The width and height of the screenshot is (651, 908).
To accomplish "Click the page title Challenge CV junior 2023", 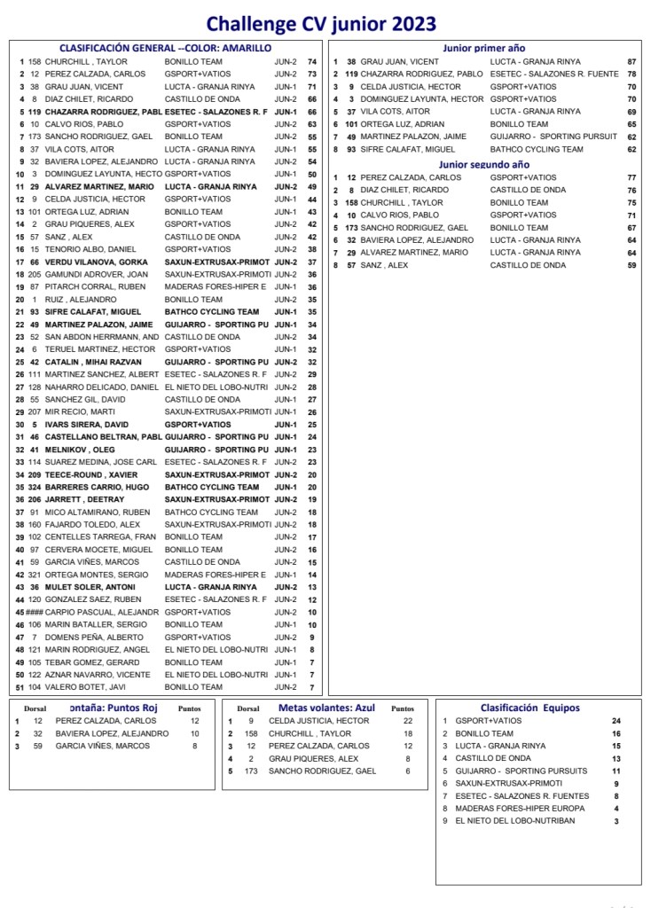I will point(321,23).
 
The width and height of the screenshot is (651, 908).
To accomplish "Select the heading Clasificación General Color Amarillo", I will point(165,48).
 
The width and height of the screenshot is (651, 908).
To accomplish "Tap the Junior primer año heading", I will point(483,48).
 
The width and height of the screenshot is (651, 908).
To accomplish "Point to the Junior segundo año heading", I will point(483,164).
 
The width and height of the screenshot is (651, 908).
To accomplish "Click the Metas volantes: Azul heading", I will point(326,708).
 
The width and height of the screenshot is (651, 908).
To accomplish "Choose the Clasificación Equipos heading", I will point(529,708).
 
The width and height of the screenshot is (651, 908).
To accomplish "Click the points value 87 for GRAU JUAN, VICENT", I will point(631,62).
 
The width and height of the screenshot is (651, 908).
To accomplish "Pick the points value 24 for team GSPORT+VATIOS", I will point(616,721).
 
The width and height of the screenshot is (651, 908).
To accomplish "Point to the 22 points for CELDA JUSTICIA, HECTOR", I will point(408,721).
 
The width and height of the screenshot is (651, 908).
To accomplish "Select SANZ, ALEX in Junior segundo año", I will point(384,265).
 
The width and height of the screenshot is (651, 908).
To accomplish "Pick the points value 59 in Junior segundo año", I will point(631,265).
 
